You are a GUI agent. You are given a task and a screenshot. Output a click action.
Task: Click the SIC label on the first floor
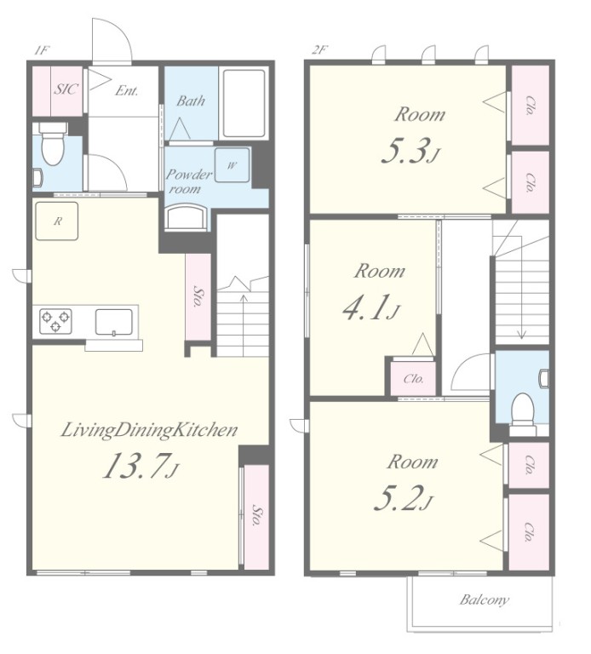pos(66,89)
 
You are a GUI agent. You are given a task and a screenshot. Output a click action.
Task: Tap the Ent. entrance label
pos(127,90)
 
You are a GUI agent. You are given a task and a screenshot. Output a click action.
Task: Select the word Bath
pos(191,100)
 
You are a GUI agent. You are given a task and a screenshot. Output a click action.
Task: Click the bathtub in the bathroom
pos(244,103)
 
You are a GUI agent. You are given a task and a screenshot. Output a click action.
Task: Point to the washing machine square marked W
pos(232,164)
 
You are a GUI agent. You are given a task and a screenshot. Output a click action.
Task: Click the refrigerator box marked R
pos(57,221)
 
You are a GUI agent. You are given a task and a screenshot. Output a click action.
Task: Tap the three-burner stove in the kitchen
pos(55,321)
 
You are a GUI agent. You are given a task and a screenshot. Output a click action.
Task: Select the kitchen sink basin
pos(114,322)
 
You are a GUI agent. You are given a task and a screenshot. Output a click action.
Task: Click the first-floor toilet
pos(52,143)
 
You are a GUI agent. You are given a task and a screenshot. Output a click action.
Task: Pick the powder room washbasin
pos(186,218)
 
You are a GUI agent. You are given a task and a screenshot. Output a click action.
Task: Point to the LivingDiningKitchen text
pos(149,430)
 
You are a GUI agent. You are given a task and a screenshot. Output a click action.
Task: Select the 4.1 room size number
pos(371,307)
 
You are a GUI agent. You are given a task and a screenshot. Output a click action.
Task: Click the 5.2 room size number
pos(404,498)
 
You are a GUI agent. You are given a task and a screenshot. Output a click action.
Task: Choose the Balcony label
pos(485,599)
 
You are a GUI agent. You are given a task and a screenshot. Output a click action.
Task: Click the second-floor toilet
pos(524,410)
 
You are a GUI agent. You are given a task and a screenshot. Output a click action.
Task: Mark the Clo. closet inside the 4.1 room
pos(413,378)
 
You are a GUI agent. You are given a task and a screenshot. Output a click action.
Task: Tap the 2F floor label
pos(319,50)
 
